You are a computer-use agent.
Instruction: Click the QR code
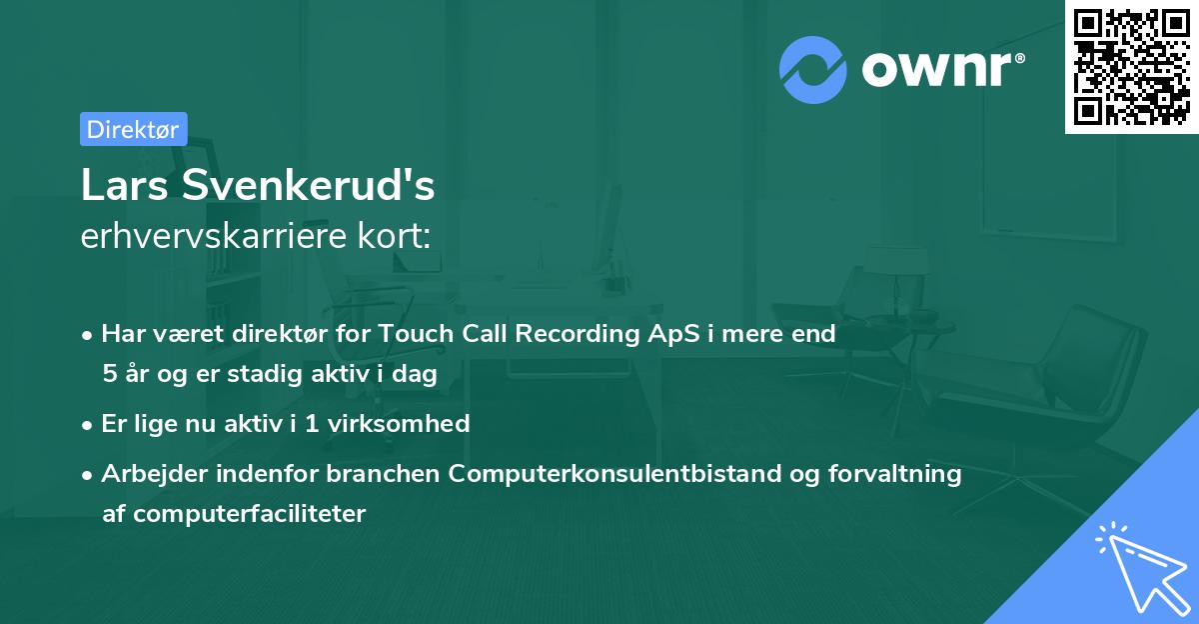click(x=1131, y=66)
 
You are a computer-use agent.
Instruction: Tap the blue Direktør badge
click(x=133, y=129)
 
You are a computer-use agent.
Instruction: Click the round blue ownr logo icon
click(x=813, y=70)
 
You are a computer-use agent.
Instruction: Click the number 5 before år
click(x=109, y=374)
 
